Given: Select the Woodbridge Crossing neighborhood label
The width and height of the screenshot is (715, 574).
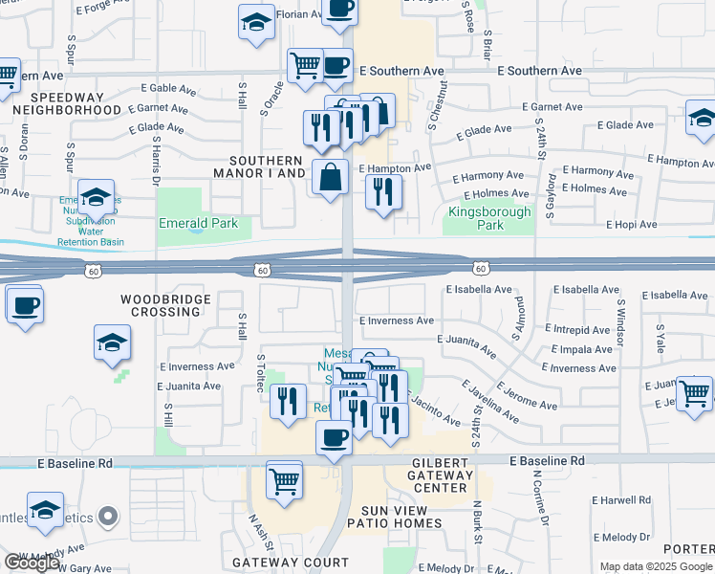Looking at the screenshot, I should (x=161, y=305).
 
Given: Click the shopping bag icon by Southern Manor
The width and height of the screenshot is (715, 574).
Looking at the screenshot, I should (x=331, y=177).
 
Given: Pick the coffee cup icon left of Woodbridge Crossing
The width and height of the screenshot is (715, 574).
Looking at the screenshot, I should (x=25, y=306).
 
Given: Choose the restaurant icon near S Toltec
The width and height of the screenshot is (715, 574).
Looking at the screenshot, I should (x=288, y=400).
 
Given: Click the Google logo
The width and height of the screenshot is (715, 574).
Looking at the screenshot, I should (x=32, y=563).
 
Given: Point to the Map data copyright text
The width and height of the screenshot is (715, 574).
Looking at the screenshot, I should (x=656, y=566).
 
